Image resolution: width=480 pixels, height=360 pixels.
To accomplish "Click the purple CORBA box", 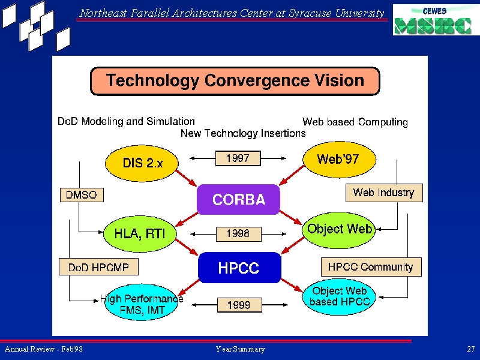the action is pos(238,199).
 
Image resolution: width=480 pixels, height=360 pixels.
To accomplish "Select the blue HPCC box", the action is pos(239,268).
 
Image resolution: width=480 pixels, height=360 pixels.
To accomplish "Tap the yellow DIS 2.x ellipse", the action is pos(142,163).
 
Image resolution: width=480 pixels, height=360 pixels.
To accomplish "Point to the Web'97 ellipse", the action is pos(339,159).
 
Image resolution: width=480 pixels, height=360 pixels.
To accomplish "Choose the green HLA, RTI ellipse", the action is pos(140,233).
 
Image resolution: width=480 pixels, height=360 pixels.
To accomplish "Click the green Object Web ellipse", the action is pos(339,230).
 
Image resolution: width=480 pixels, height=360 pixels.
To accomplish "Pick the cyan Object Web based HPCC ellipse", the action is pos(339,296).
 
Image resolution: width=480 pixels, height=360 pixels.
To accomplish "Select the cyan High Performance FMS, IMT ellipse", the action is pos(142,303).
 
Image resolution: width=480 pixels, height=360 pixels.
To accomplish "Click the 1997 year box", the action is pos(238,158).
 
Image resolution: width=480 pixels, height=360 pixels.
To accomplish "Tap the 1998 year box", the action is pos(238,234).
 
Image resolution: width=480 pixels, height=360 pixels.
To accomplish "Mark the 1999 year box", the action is pos(239,305).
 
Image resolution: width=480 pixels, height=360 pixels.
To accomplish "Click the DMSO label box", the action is pos(82,194).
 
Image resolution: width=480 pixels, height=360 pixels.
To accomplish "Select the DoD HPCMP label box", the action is pos(98,266).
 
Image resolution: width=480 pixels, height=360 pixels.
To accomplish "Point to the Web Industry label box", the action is pos(384,193).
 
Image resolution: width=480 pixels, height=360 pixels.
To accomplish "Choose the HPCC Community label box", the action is pos(371,266).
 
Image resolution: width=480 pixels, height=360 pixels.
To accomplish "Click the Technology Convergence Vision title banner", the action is pos(235,81).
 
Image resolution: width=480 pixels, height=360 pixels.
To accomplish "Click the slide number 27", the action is pos(471,349).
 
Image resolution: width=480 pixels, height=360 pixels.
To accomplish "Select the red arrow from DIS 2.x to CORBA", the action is pos(186,178).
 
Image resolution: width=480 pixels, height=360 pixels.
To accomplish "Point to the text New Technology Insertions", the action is pos(243,133).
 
